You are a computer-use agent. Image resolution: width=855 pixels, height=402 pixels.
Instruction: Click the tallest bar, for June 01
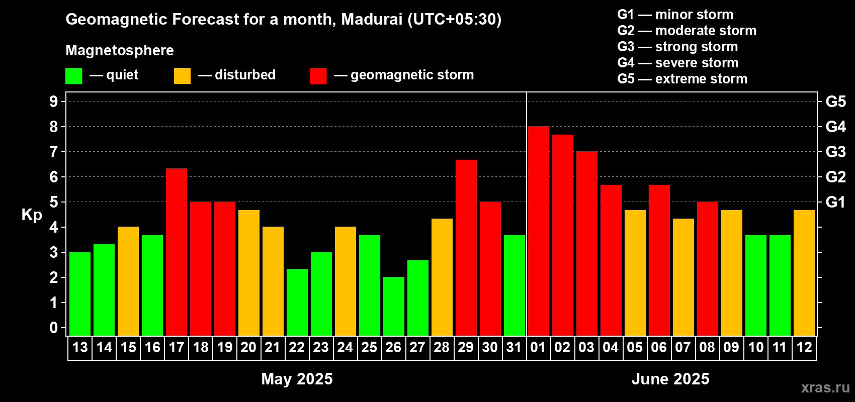pos(538,231)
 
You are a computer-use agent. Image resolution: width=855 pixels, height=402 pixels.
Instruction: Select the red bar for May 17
pos(177,251)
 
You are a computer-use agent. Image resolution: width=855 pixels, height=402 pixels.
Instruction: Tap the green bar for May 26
pos(394,306)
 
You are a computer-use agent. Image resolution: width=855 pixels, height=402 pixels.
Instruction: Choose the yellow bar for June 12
pos(804,272)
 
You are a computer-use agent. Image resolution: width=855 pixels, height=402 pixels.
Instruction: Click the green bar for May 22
pos(297,302)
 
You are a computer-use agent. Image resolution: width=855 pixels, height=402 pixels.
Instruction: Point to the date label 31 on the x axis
pos(514,347)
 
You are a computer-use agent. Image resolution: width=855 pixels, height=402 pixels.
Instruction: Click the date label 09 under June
pos(731,347)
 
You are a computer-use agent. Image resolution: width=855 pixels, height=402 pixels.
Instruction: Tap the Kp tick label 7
pos(54,152)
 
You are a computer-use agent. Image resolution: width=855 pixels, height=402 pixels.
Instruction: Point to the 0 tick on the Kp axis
pos(54,328)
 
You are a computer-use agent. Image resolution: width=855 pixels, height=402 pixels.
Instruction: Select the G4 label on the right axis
pos(835,127)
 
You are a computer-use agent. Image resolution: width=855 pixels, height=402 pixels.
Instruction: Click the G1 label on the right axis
pos(835,202)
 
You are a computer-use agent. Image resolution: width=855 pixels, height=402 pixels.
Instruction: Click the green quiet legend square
pos(74,76)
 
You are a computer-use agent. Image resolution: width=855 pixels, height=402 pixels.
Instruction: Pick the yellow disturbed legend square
pos(183,76)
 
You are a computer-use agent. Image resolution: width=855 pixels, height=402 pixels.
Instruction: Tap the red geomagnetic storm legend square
pos(318,76)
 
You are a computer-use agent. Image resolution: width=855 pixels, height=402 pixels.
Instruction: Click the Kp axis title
pos(32,215)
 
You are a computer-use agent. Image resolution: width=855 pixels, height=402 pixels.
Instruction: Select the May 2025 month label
pos(297,379)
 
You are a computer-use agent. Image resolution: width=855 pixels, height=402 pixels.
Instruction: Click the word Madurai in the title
pos(372,19)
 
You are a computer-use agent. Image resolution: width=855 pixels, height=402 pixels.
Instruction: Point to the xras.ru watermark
pos(825,387)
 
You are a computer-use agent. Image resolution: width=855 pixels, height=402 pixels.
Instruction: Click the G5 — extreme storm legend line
pos(682,79)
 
